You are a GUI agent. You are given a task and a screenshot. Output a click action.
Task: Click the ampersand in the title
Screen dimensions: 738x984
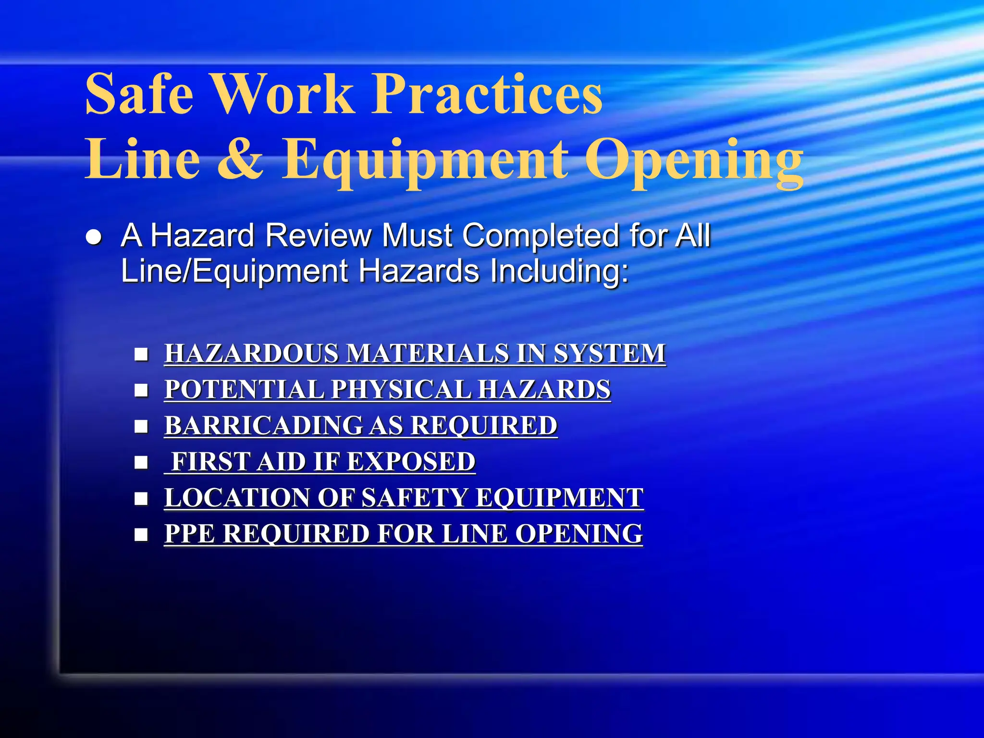[x=240, y=159]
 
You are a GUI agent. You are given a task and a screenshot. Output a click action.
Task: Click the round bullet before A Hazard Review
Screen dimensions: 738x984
[x=94, y=237]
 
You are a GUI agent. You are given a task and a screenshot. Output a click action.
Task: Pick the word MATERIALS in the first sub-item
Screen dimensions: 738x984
[x=428, y=354]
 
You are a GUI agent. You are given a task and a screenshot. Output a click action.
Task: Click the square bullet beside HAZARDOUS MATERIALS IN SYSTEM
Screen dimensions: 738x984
[x=141, y=355]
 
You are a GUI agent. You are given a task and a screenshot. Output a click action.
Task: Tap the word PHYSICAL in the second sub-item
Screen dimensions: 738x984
[x=401, y=390]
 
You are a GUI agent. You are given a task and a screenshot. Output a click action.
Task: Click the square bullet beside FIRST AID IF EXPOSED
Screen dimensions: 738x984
[x=141, y=463]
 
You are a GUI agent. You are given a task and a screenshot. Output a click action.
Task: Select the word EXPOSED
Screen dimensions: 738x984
[x=411, y=462]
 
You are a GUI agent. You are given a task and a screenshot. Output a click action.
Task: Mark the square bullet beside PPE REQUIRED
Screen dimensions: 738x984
[x=141, y=535]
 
